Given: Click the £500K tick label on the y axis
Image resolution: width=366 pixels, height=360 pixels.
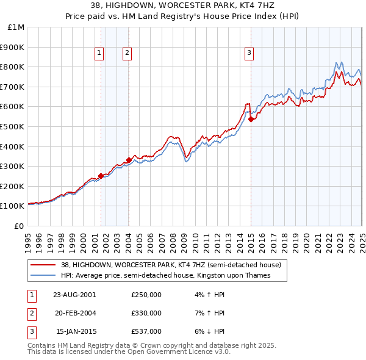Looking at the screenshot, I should [x=13, y=126].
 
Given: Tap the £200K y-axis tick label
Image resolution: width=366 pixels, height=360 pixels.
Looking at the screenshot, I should [x=13, y=186].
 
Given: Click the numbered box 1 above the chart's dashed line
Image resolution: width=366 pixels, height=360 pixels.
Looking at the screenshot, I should [x=99, y=54].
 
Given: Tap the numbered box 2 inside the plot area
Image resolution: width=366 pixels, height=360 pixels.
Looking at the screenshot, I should [x=127, y=54].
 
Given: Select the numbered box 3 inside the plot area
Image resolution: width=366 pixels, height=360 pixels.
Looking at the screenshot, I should [x=249, y=54].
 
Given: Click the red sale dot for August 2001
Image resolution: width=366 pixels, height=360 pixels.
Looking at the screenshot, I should [x=101, y=176].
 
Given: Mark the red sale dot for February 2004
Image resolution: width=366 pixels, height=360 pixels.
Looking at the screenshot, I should [x=129, y=160].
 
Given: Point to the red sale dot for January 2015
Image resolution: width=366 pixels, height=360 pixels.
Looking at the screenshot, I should [x=251, y=119].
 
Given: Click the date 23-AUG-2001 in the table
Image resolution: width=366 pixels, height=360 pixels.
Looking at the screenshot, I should [x=75, y=295].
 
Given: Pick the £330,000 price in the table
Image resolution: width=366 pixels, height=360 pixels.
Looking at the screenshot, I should [x=146, y=313].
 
